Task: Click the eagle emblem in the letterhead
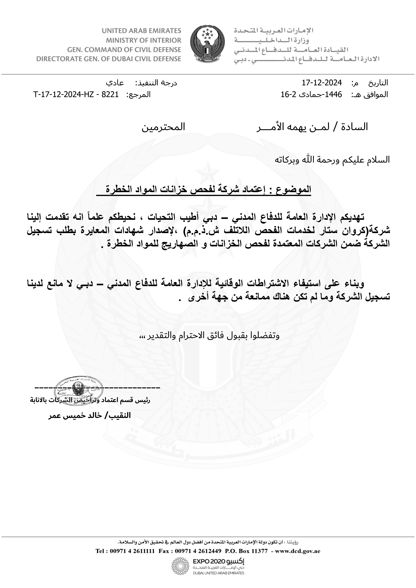(208, 44)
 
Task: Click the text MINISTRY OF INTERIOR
(143, 40)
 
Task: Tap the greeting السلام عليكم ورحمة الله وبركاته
(332, 159)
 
